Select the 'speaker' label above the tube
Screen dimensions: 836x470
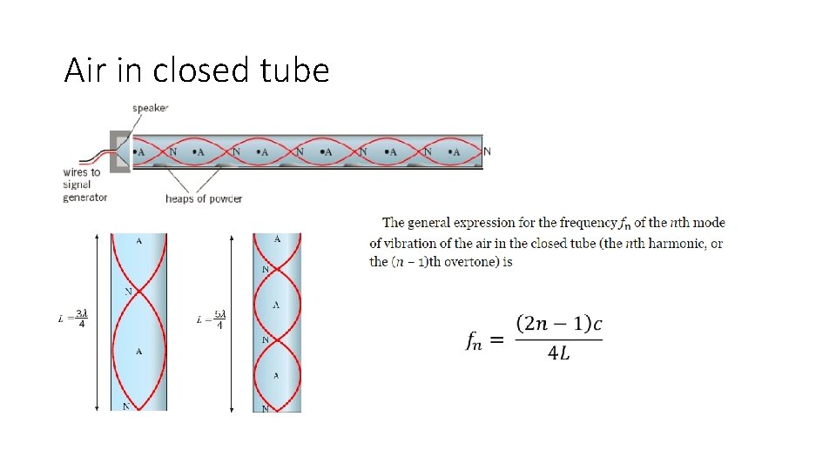click(x=150, y=108)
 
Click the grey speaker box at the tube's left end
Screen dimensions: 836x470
click(x=118, y=151)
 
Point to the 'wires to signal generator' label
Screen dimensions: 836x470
click(x=84, y=185)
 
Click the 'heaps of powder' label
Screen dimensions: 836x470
click(x=204, y=198)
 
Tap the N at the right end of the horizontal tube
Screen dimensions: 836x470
click(x=487, y=151)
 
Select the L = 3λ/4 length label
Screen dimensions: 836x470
click(x=73, y=319)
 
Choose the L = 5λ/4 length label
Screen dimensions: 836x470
click(x=212, y=319)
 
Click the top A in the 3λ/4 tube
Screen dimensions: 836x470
click(x=139, y=239)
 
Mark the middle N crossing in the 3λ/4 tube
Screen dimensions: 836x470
click(x=129, y=291)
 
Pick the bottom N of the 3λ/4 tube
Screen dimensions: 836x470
click(x=127, y=406)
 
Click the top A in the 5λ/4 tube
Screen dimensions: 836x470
click(x=277, y=238)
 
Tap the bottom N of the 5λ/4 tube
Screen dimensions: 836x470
click(x=266, y=406)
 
